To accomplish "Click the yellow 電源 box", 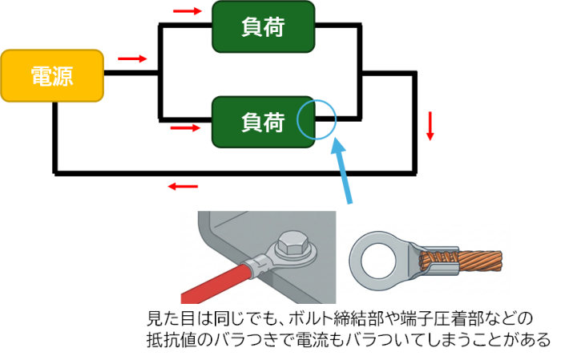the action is (x=52, y=75).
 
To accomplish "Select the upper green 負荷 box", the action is (x=264, y=26).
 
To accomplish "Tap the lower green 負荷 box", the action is (x=264, y=122).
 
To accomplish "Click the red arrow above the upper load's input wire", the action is (x=188, y=11).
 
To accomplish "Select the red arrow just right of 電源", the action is (x=132, y=59).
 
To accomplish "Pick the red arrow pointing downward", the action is (x=430, y=126).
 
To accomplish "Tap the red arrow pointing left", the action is (x=183, y=187).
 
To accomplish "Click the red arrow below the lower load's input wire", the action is (x=185, y=127).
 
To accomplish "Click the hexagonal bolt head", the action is (x=292, y=245).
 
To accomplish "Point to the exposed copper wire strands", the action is (x=461, y=261).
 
